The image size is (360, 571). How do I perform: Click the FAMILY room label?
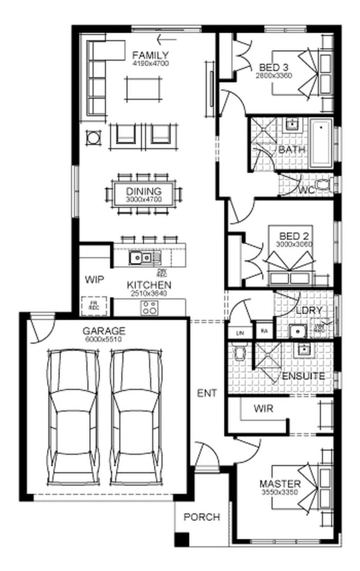150,55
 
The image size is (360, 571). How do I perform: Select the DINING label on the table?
144,191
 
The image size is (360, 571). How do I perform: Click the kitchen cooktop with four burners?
149,308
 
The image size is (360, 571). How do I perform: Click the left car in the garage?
72,418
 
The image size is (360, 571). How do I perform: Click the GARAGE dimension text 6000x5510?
103,340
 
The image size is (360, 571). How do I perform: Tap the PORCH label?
201,517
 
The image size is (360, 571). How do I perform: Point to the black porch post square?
181,540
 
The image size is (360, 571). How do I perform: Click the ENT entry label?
207,393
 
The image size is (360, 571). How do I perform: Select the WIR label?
263,409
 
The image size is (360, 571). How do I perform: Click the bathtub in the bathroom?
321,143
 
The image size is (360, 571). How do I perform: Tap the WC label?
307,190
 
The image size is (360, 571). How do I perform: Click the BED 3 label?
274,68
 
